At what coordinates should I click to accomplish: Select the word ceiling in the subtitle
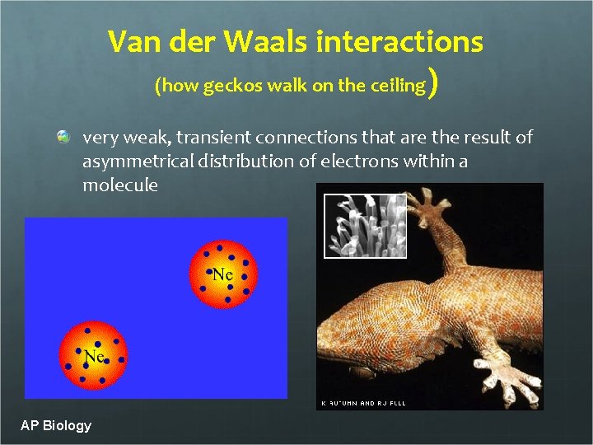pyautogui.click(x=400, y=86)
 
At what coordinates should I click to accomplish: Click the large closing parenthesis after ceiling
pyautogui.click(x=434, y=84)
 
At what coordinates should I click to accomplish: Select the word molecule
pyautogui.click(x=120, y=185)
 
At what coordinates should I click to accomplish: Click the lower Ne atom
pyautogui.click(x=93, y=357)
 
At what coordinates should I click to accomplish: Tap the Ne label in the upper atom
pyautogui.click(x=222, y=274)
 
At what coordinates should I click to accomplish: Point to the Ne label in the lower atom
pyautogui.click(x=93, y=357)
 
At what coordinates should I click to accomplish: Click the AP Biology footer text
pyautogui.click(x=56, y=425)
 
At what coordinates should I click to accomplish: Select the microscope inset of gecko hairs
pyautogui.click(x=365, y=225)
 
